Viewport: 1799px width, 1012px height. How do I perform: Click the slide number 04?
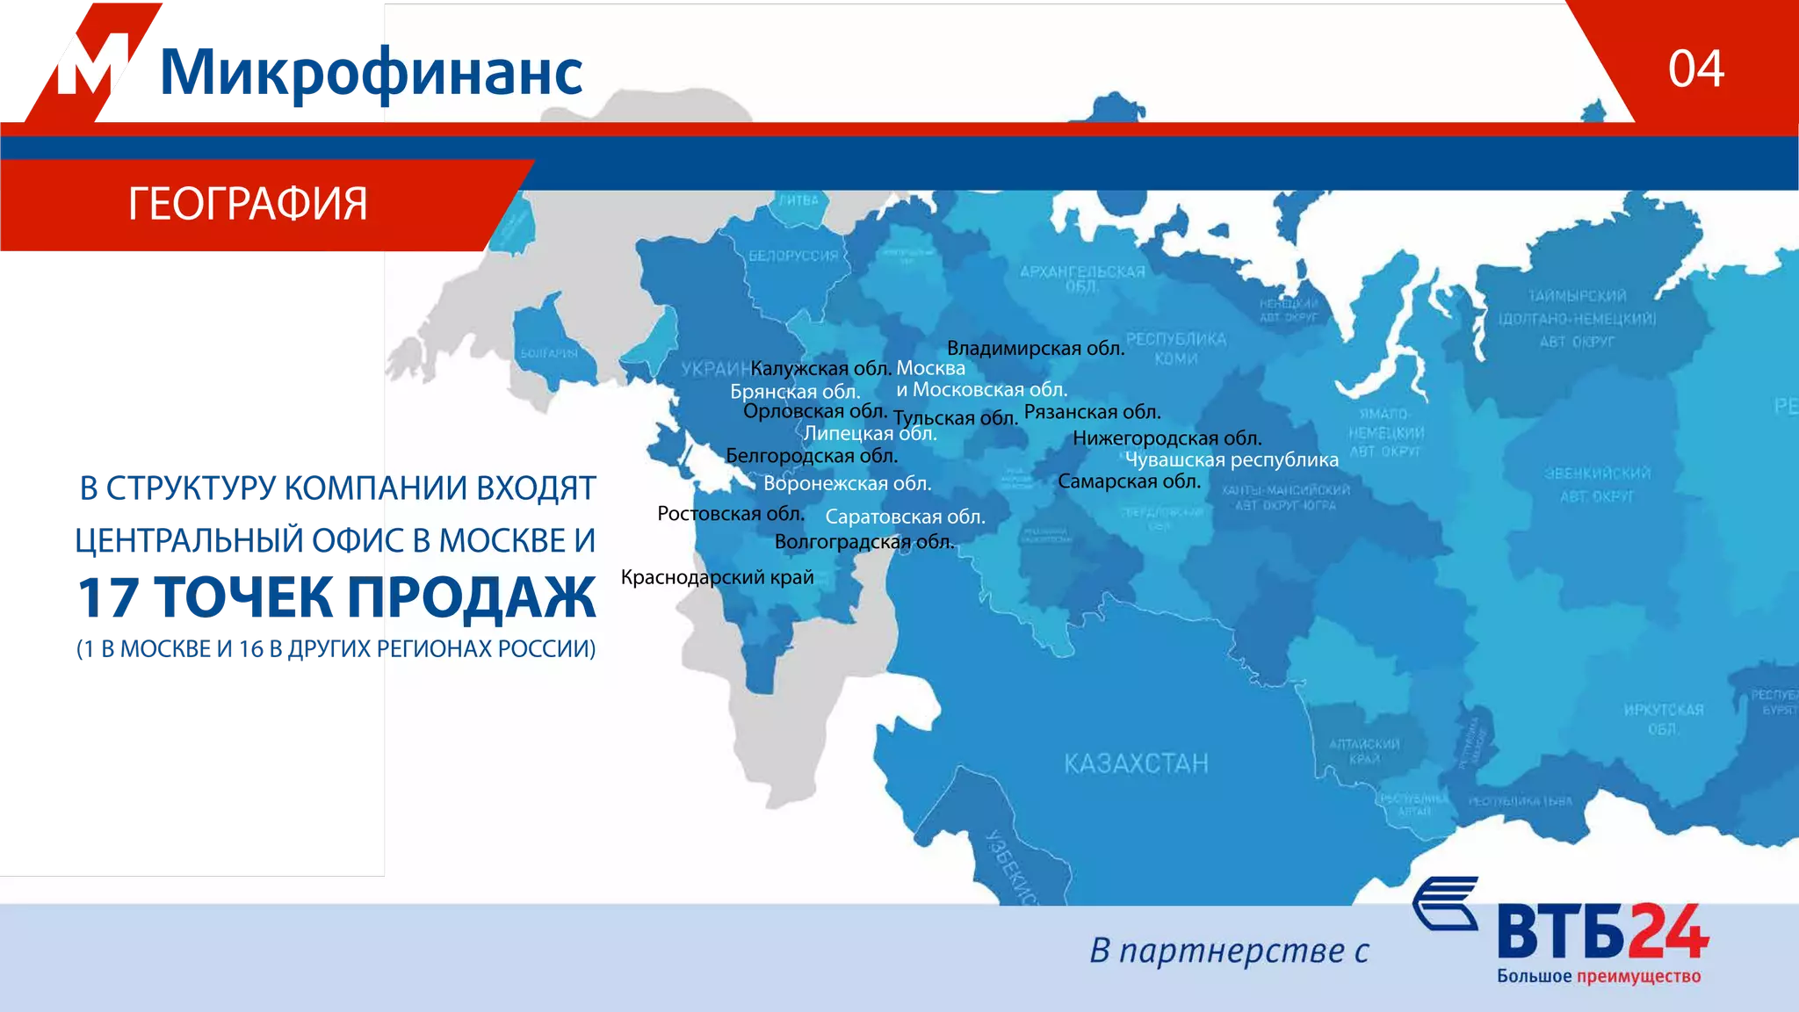[x=1695, y=69]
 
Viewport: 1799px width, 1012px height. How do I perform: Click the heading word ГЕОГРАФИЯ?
[x=248, y=204]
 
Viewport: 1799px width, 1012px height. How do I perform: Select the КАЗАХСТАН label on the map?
[x=1136, y=763]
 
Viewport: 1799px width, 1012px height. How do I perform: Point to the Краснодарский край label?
[x=717, y=577]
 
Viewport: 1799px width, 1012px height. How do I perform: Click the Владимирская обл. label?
[x=1035, y=348]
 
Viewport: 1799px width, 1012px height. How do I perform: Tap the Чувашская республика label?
[x=1232, y=459]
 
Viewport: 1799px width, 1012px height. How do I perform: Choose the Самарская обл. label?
[x=1129, y=481]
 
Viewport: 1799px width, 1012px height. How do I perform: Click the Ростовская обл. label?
[x=730, y=513]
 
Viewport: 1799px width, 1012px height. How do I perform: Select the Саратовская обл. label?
[x=905, y=517]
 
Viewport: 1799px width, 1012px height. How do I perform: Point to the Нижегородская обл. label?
[x=1167, y=437]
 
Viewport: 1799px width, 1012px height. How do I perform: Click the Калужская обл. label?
[x=820, y=368]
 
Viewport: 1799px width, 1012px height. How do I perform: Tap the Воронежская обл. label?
[x=847, y=483]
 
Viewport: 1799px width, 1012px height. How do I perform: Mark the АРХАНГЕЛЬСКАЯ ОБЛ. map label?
[x=1081, y=278]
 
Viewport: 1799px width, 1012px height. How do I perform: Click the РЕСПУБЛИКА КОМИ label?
[x=1175, y=348]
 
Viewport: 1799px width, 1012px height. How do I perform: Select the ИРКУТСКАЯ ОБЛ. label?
[x=1663, y=719]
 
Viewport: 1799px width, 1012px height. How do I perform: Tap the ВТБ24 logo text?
[x=1602, y=933]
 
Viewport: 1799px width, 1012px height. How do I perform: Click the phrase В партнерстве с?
[x=1229, y=951]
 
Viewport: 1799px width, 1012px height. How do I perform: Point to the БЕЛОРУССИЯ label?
[x=793, y=256]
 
